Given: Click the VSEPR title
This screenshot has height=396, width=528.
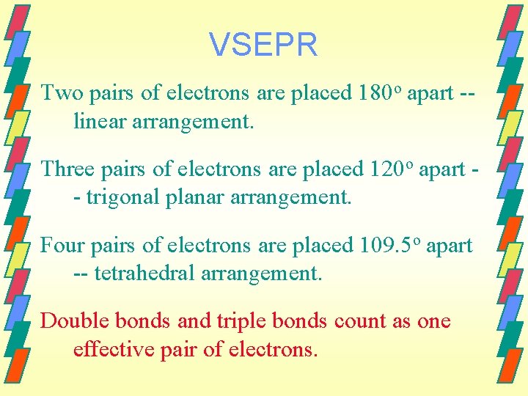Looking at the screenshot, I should coord(263,45).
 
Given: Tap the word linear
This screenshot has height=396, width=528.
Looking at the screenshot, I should coord(99,122).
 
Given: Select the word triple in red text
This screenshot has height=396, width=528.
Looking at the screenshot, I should coord(243,321).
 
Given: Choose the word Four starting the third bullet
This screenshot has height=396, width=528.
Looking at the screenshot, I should coord(62,245).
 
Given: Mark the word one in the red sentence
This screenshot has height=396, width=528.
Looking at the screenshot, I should coord(433,321).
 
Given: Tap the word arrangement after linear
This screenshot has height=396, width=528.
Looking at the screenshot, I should coord(193,122).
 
